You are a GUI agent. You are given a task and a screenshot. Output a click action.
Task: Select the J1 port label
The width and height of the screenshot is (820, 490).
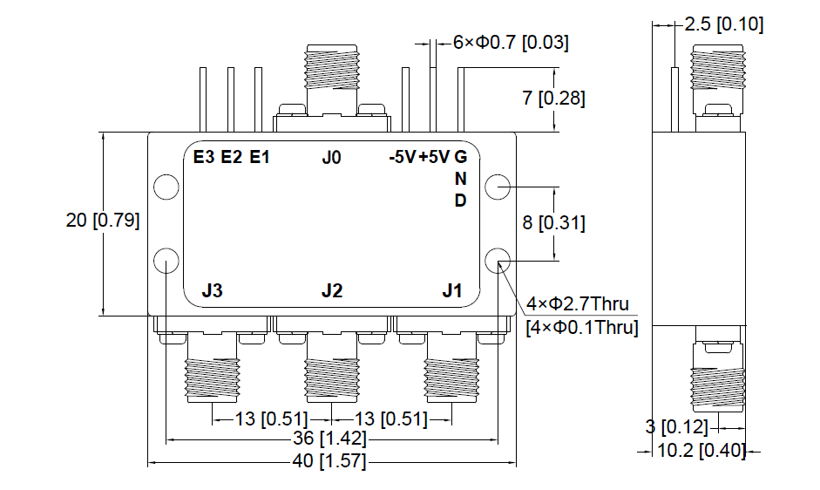(x=451, y=291)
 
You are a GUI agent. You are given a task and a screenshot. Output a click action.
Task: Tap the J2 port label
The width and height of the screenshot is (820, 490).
(x=331, y=291)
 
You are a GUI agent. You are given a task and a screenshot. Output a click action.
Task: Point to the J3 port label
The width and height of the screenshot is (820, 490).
(x=212, y=291)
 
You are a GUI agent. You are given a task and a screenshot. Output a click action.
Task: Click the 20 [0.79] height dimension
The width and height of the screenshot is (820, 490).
(x=103, y=221)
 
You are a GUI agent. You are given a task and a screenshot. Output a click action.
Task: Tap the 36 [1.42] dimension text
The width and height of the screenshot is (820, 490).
(x=331, y=438)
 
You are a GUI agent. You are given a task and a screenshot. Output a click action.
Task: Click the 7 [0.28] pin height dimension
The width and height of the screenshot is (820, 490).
(x=553, y=99)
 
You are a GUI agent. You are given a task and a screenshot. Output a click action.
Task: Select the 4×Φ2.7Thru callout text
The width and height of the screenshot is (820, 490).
(x=577, y=304)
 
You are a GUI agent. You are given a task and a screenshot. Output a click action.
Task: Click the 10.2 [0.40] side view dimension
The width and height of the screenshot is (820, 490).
(x=694, y=451)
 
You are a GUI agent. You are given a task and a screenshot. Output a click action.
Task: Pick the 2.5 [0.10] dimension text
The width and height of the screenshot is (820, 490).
(x=724, y=24)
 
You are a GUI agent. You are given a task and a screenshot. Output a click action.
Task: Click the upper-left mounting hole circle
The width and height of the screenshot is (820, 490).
(x=166, y=187)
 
